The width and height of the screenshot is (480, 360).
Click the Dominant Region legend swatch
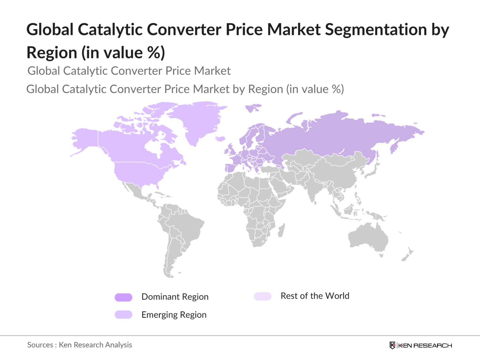tap(123, 297)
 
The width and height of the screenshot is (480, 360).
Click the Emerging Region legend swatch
tap(123, 315)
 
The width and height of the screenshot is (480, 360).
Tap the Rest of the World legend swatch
tap(263, 296)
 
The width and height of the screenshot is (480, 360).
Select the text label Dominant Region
tap(175, 297)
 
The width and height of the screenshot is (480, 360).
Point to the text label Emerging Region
tap(174, 315)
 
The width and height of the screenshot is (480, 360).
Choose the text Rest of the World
tap(315, 296)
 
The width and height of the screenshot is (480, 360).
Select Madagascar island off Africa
tap(281, 230)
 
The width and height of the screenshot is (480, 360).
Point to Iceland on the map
tap(220, 139)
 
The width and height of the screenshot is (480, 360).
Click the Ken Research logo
tap(421, 345)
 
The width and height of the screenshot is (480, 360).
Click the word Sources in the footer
tap(40, 345)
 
